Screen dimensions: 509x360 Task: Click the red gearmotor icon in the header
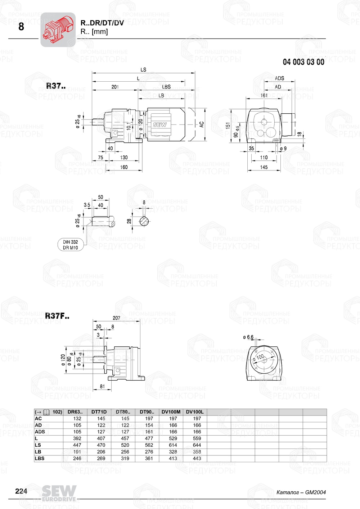click(x=58, y=29)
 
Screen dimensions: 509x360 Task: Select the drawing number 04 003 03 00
click(x=303, y=62)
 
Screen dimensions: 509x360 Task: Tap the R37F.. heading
click(x=57, y=316)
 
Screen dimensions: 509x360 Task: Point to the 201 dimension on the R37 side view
click(x=115, y=87)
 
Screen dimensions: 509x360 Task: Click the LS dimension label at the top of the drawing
click(x=143, y=69)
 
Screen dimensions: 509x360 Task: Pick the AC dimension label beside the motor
click(x=202, y=124)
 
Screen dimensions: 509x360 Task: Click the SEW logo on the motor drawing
click(x=160, y=125)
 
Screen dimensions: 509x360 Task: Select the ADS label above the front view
click(x=279, y=78)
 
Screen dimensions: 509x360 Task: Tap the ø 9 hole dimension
click(x=283, y=148)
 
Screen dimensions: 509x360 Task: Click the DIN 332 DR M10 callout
click(x=71, y=245)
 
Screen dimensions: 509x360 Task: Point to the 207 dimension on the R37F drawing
click(x=116, y=318)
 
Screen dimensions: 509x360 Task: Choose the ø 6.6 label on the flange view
click(x=248, y=337)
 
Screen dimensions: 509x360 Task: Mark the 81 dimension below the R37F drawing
click(x=103, y=386)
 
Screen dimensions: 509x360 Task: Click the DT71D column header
click(x=99, y=412)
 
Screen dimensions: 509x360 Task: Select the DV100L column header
click(x=195, y=412)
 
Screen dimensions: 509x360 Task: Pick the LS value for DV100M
click(x=173, y=445)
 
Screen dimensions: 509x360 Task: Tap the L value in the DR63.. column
click(x=77, y=438)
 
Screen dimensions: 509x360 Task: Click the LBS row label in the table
click(x=40, y=458)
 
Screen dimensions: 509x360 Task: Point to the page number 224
click(x=21, y=491)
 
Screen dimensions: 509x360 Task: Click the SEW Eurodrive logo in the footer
click(x=59, y=493)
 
